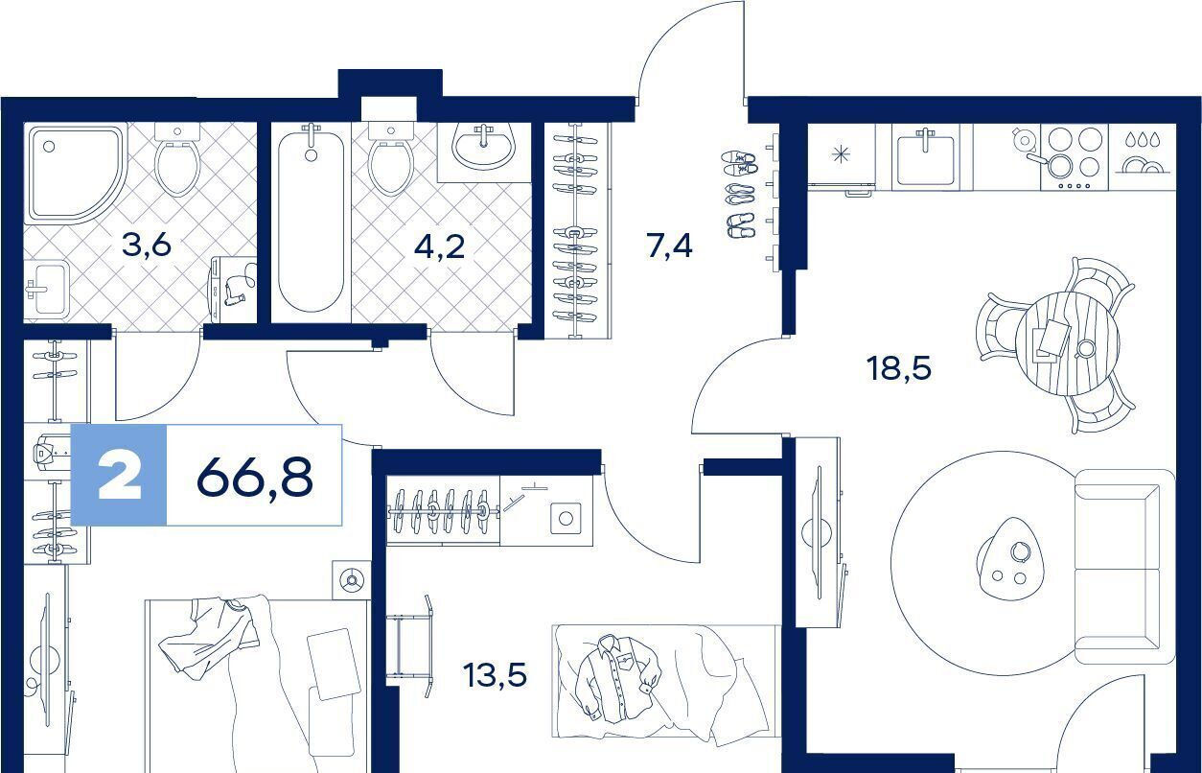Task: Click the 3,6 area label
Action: click(146, 246)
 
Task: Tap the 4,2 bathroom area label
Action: click(439, 246)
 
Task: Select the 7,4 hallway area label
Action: click(670, 246)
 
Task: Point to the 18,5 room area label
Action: click(899, 369)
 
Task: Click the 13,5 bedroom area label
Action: click(496, 675)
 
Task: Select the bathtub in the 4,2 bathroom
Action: click(311, 218)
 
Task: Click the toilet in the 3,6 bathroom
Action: click(177, 159)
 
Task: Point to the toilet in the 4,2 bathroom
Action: click(391, 159)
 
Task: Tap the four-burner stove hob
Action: click(1075, 156)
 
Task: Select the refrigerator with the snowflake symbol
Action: click(841, 156)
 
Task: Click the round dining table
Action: click(1067, 344)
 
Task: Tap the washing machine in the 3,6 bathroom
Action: click(233, 290)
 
